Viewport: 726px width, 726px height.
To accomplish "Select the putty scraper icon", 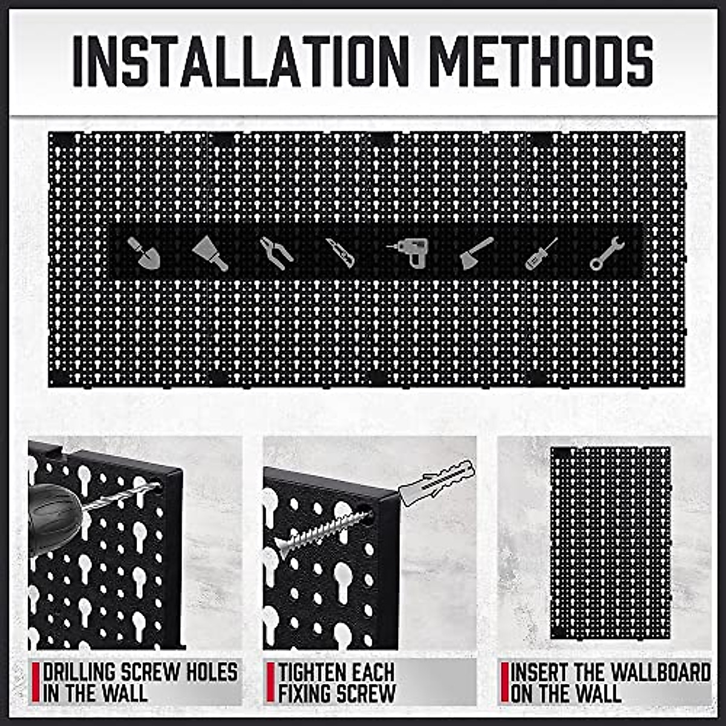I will (210, 253).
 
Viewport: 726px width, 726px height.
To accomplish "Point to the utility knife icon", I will (341, 253).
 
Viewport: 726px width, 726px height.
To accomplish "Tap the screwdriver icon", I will (541, 253).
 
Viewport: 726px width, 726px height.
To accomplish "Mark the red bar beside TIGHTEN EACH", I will (270, 682).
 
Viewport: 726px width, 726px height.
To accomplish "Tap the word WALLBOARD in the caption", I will (659, 672).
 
